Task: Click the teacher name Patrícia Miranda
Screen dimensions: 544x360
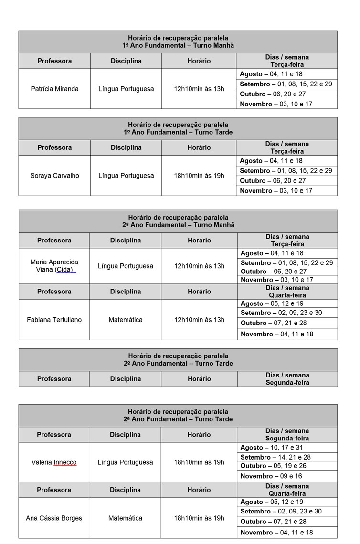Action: point(54,89)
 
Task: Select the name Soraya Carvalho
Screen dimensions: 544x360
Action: point(54,176)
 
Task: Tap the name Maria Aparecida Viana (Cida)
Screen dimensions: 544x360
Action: point(54,266)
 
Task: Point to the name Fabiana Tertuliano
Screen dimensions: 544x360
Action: point(54,320)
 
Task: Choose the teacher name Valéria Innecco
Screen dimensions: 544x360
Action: point(53,462)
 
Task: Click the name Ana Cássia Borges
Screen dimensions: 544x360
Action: point(53,518)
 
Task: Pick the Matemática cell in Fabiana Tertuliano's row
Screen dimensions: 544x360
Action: point(125,320)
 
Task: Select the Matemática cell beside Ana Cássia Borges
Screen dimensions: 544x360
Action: point(125,518)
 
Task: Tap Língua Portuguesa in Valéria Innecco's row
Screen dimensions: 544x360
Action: point(125,462)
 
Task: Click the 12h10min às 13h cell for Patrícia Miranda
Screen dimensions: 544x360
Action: point(199,89)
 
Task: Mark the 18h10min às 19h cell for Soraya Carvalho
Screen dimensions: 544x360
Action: point(199,176)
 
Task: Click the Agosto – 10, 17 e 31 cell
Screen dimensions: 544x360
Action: point(271,448)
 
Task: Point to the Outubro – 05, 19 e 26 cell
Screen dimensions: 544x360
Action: point(273,466)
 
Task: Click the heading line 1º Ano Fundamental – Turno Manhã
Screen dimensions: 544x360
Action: point(178,45)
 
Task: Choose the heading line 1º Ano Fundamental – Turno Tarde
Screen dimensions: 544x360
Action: point(178,132)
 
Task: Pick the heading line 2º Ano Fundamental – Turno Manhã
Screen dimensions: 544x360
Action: point(178,225)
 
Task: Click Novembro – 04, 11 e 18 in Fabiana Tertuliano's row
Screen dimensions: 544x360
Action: point(277,334)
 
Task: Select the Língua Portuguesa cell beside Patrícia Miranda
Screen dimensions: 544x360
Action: point(126,89)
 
